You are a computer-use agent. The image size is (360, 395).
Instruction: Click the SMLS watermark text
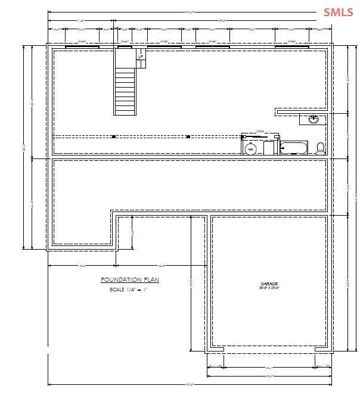339,12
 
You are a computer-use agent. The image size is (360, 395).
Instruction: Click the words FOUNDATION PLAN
129,279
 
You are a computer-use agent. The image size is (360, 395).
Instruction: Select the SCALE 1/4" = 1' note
128,290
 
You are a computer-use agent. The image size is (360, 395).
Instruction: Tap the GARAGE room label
269,284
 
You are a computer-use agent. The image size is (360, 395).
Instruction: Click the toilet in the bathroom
320,148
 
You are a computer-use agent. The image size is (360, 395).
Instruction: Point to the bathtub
294,147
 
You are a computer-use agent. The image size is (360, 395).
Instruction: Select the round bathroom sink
314,119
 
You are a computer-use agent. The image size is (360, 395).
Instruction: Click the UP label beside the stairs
141,58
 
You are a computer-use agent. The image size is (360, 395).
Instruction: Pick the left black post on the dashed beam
113,136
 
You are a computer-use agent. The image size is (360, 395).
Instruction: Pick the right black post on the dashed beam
188,136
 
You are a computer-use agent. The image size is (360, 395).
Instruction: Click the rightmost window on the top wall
291,45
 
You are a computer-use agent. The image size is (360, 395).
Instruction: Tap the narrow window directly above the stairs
125,45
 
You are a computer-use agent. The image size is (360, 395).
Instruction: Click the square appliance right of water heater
269,148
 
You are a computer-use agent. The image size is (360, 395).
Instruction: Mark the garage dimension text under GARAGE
269,289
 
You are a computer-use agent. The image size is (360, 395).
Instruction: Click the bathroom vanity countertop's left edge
300,119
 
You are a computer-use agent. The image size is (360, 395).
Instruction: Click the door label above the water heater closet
260,130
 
